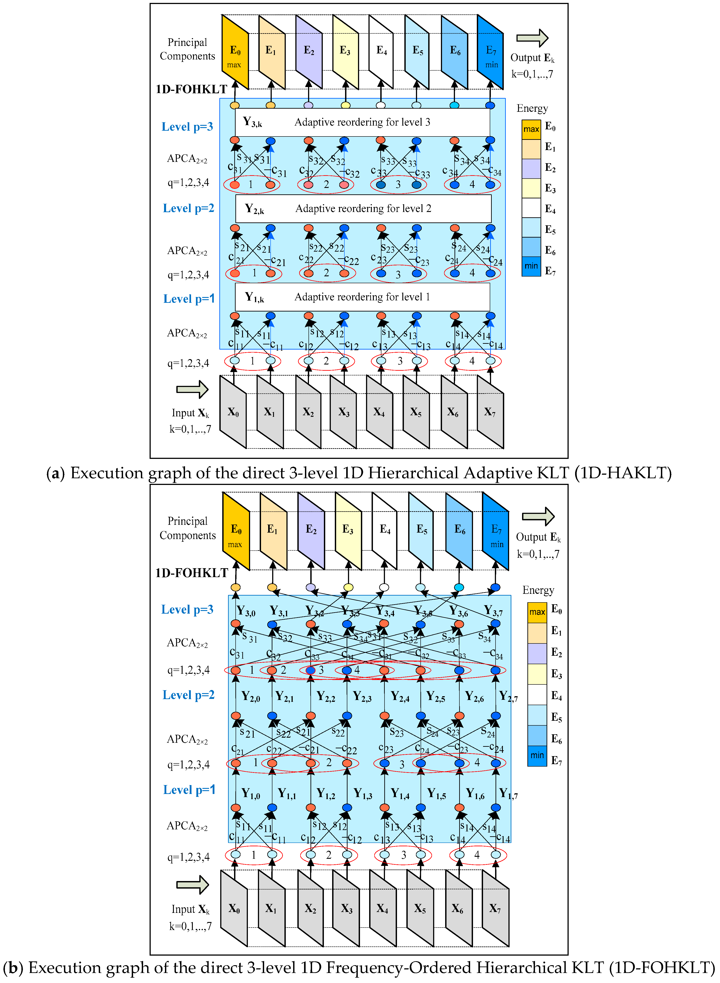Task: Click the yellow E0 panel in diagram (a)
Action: coord(235,52)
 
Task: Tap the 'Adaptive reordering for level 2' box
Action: coord(363,209)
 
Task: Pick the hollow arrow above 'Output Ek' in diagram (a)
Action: coord(532,38)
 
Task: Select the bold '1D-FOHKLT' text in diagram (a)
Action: coord(191,89)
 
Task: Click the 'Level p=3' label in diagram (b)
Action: coord(187,609)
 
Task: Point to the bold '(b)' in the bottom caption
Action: coord(13,967)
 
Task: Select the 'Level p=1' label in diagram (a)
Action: coord(189,299)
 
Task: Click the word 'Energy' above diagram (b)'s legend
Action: coord(538,590)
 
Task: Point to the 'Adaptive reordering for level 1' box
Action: coord(362,297)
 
